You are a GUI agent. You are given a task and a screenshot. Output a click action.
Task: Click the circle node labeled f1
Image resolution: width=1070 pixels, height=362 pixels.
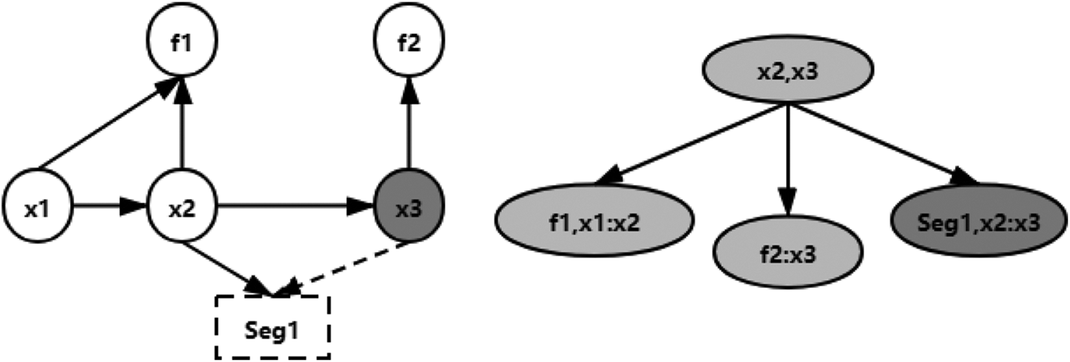click(182, 40)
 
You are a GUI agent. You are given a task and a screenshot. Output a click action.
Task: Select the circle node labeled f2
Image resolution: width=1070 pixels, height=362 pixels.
click(409, 40)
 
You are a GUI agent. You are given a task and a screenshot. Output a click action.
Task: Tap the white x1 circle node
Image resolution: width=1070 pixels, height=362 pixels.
click(38, 206)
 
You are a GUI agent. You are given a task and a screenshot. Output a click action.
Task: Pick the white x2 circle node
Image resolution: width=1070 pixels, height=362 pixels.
click(182, 206)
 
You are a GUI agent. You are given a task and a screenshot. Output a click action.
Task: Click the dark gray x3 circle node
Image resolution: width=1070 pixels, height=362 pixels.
click(409, 206)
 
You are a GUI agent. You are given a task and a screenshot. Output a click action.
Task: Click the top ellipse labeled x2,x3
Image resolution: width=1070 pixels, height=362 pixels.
click(788, 69)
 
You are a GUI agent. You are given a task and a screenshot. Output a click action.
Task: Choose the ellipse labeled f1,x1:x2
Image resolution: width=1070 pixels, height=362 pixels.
click(594, 221)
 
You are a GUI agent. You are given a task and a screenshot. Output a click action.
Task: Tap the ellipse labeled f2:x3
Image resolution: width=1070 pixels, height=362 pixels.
click(788, 252)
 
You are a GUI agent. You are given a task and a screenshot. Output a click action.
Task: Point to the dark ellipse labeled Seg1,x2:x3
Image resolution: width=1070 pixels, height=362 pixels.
click(979, 220)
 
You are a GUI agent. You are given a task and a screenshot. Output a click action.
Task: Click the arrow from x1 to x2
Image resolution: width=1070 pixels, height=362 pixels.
click(110, 206)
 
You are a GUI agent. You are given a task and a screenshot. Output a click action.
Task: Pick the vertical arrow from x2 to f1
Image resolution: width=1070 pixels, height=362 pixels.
click(182, 123)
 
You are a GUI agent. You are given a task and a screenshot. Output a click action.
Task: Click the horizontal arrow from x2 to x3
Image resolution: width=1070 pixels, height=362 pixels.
click(295, 206)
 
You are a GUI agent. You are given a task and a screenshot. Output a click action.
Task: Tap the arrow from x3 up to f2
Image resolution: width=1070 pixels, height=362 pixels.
click(409, 123)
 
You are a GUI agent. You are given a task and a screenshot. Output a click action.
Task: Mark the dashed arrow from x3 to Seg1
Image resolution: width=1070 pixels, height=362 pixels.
click(342, 269)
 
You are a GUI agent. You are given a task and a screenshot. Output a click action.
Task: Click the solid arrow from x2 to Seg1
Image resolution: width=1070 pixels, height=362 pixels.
click(228, 269)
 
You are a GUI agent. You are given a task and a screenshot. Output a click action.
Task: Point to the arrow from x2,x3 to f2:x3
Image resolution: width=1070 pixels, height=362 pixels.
click(788, 160)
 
